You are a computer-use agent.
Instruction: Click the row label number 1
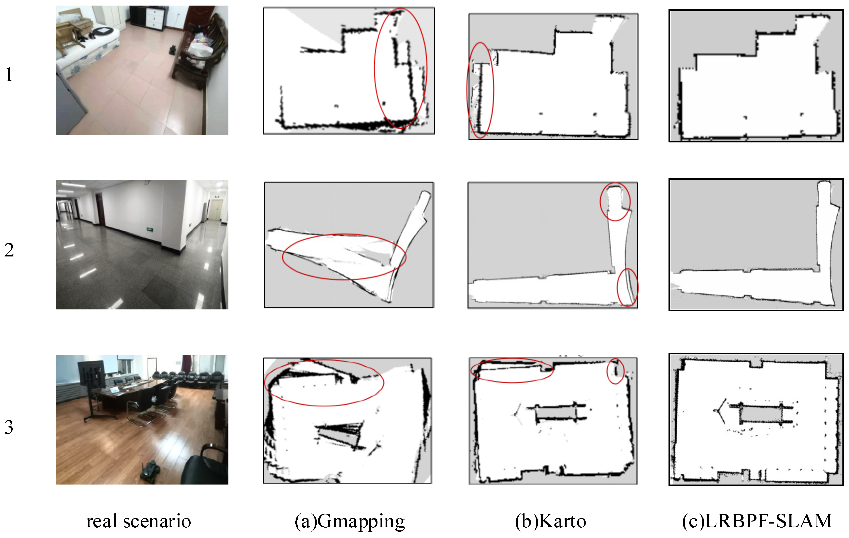click(9, 75)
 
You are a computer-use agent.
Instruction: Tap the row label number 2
click(9, 250)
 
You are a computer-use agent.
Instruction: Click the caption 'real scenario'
click(139, 521)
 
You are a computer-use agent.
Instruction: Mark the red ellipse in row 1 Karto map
click(467, 90)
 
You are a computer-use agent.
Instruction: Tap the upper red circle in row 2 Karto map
click(601, 202)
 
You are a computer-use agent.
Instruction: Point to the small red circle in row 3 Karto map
click(607, 371)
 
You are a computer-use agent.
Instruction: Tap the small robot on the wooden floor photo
click(151, 471)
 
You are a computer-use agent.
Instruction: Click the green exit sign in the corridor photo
click(150, 230)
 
